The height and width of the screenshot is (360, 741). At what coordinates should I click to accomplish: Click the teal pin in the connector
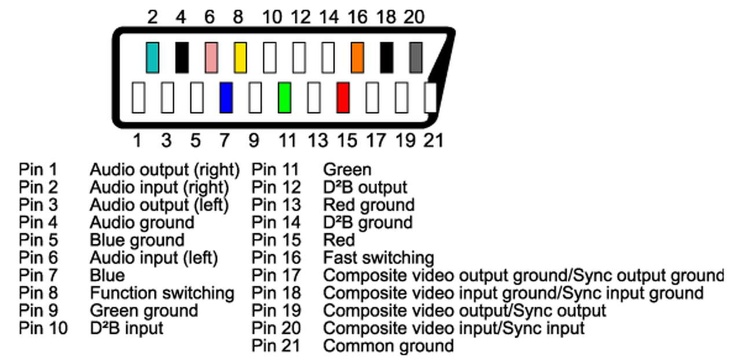[x=152, y=57]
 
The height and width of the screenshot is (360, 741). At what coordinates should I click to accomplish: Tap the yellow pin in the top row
[x=240, y=57]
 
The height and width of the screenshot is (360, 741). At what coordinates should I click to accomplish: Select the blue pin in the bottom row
[x=226, y=98]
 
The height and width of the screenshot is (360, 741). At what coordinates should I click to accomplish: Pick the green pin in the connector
[x=284, y=98]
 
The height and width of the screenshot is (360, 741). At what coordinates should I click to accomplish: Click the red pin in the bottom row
[x=343, y=98]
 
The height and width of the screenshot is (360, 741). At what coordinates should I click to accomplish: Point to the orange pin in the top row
[x=357, y=57]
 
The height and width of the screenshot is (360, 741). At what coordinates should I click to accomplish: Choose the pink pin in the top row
[x=211, y=57]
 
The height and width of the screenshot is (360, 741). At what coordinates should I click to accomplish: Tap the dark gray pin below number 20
[x=416, y=57]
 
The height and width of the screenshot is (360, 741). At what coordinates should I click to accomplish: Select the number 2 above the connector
[x=152, y=17]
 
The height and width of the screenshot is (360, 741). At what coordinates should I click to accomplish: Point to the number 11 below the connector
[x=287, y=140]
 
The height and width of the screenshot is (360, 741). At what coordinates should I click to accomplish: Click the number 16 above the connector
[x=357, y=17]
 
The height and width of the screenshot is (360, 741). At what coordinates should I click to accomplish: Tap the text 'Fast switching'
[x=378, y=258]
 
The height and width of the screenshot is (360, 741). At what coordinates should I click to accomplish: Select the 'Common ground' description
[x=388, y=346]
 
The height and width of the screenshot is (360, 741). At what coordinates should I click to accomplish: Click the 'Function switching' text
[x=162, y=293]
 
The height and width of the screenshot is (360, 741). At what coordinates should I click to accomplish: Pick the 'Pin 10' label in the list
[x=43, y=329]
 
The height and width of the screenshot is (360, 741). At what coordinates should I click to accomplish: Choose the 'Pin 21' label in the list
[x=276, y=346]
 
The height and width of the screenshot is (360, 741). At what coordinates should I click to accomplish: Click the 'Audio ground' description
[x=142, y=223]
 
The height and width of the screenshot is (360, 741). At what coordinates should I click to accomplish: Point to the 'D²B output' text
[x=365, y=188]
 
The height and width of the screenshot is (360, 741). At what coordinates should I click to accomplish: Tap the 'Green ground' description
[x=144, y=311]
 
